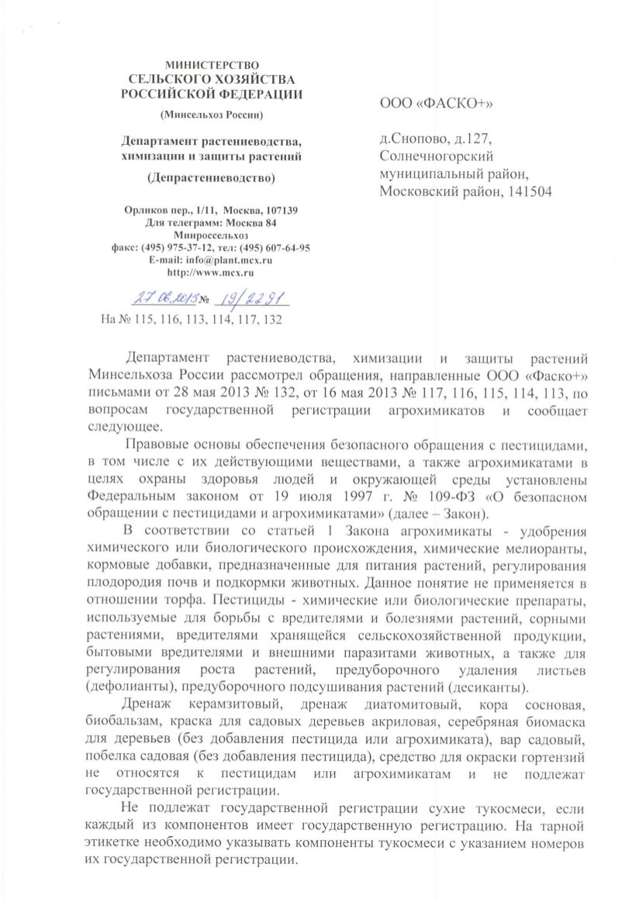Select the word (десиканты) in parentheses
487,686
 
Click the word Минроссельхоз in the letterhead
212,235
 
